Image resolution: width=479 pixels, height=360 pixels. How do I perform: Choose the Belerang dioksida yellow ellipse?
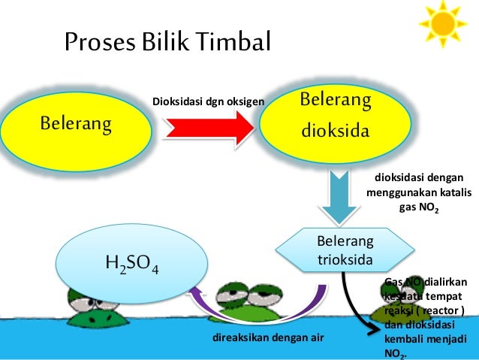[335, 116]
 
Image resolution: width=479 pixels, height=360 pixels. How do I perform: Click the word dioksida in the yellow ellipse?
[335, 131]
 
